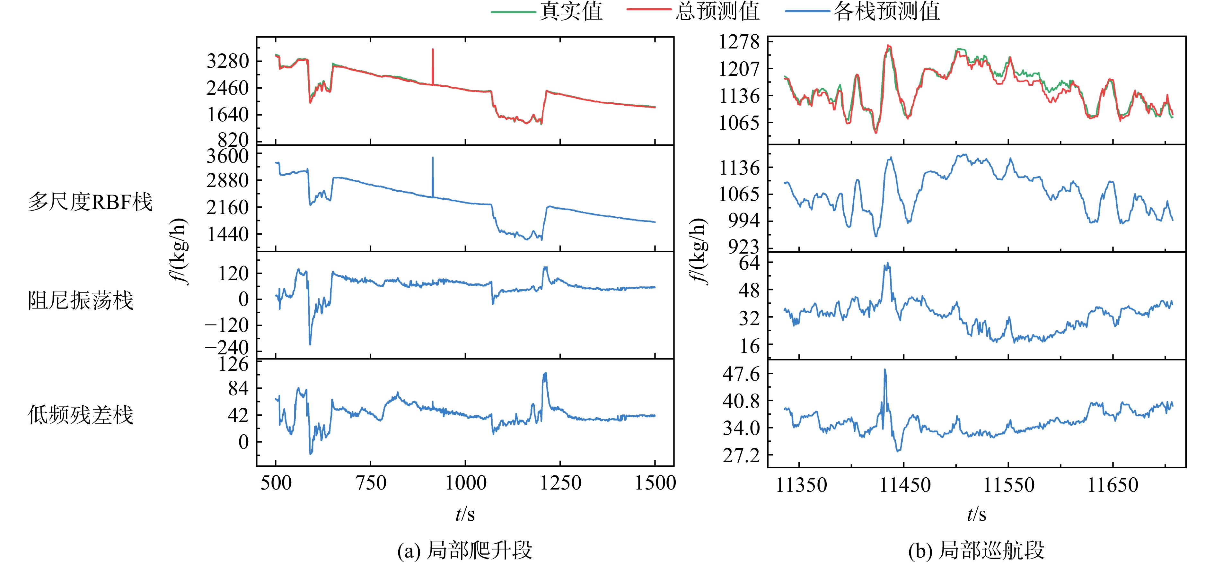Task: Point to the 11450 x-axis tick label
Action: (x=905, y=485)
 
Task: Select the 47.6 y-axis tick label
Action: (x=741, y=374)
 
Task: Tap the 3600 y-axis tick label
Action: (x=228, y=155)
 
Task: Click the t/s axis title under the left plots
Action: (x=465, y=514)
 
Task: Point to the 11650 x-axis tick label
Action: (x=1113, y=485)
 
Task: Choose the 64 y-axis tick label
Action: (x=749, y=263)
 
